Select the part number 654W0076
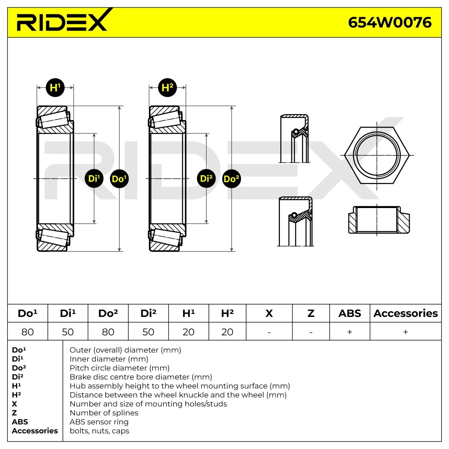[x=390, y=22]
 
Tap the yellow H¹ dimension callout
[x=55, y=88]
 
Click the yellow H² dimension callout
[x=167, y=88]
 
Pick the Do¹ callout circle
[x=119, y=178]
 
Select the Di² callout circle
[x=206, y=178]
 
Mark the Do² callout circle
[x=232, y=178]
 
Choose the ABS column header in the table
[x=349, y=313]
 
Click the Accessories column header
[x=406, y=313]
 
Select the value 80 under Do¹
[x=28, y=332]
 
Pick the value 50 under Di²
[x=148, y=332]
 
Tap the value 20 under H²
[x=227, y=332]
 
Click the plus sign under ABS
[x=349, y=332]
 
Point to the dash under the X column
[x=269, y=332]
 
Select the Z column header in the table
[x=311, y=313]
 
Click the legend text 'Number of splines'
[x=104, y=413]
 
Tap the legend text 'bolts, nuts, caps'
[x=100, y=431]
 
